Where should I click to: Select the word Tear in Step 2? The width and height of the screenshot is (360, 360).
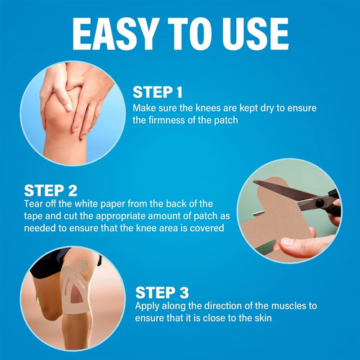point(34,204)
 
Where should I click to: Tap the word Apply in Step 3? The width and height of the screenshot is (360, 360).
point(149,307)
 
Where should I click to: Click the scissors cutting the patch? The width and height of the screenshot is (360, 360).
point(302,201)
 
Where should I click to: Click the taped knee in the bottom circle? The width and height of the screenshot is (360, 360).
point(68,295)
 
